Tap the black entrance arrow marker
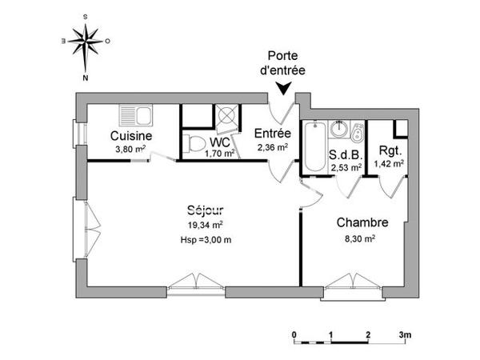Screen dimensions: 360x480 (282, 90)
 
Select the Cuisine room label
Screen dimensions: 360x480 (131, 136)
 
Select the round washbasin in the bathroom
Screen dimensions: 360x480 (340, 128)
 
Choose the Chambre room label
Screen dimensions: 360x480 (362, 222)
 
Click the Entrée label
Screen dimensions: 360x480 (273, 134)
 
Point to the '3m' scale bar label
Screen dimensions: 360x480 (406, 334)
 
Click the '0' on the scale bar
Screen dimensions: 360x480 (294, 334)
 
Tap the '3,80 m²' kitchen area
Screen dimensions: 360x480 (130, 149)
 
